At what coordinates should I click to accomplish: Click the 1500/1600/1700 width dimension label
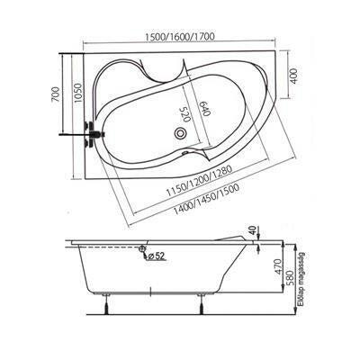pos(179,37)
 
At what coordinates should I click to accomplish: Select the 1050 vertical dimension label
pos(78,93)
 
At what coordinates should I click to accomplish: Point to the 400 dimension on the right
pos(293,76)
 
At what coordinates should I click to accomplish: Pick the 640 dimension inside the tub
pos(205,108)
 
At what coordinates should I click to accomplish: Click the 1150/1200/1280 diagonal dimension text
pos(199,181)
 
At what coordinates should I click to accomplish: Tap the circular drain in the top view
pos(181,133)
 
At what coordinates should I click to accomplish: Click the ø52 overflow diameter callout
pos(157,256)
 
